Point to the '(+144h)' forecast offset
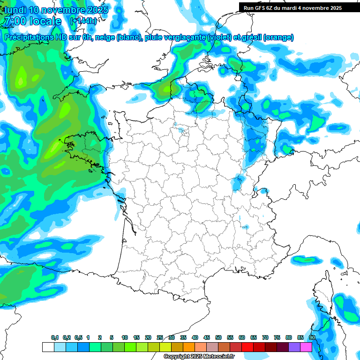pyautogui.click(x=83, y=21)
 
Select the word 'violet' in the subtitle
pyautogui.click(x=218, y=37)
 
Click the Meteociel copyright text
pyautogui.click(x=199, y=357)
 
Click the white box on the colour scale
pyautogui.click(x=48, y=347)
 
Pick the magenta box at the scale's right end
pyautogui.click(x=306, y=347)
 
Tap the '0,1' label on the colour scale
pyautogui.click(x=55, y=337)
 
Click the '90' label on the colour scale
pyautogui.click(x=312, y=337)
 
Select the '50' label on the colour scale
pyautogui.click(x=218, y=337)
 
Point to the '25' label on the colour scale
pyautogui.click(x=160, y=337)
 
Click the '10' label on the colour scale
pyautogui.click(x=125, y=337)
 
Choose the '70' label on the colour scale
pyautogui.click(x=265, y=337)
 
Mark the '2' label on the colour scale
pyautogui.click(x=100, y=337)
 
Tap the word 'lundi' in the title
pyautogui.click(x=15, y=10)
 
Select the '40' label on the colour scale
pyautogui.click(x=195, y=337)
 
